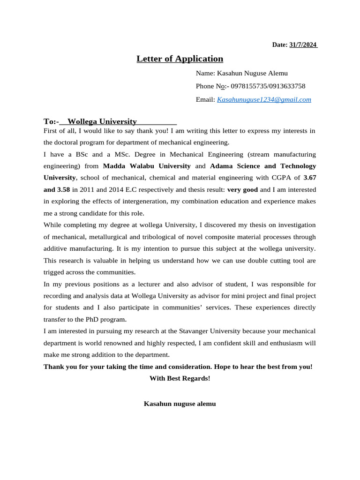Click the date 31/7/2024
(x=303, y=45)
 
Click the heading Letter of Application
(x=180, y=59)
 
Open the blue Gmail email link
(x=264, y=100)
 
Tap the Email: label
(x=205, y=100)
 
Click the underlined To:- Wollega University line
(x=110, y=121)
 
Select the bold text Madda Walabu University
(x=147, y=166)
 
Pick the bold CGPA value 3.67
(x=310, y=178)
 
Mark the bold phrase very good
(x=242, y=190)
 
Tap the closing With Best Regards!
(x=180, y=378)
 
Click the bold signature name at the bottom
(x=180, y=404)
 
